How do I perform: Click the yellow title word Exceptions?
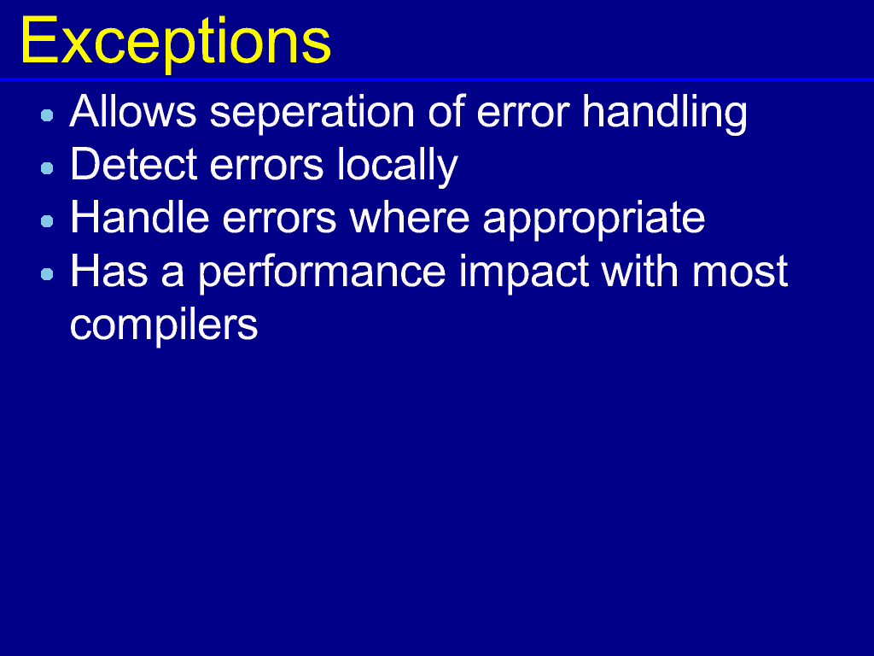[176, 43]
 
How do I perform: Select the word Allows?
[133, 111]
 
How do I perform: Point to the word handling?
[664, 114]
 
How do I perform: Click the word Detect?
[134, 164]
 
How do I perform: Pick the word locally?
[398, 166]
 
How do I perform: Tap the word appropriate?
[594, 220]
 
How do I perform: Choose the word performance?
[322, 273]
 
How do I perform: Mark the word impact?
[523, 273]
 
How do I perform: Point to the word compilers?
[164, 326]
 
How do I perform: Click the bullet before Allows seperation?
[48, 115]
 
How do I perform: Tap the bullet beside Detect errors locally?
[48, 168]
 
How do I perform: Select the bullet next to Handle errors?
[48, 221]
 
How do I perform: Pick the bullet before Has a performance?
[48, 274]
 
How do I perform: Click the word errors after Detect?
[267, 167]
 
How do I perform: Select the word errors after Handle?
[279, 220]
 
